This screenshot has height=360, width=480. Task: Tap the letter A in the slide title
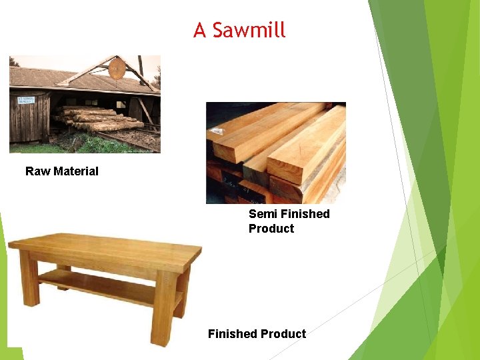point(200,30)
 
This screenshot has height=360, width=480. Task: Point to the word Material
point(75,171)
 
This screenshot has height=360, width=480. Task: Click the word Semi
point(263,214)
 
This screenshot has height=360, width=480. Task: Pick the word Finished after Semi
point(305,214)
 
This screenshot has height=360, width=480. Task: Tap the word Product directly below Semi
point(271,229)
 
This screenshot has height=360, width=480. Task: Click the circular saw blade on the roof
point(117,69)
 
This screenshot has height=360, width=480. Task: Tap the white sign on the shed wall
point(27,100)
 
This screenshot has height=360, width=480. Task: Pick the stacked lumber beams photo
point(275,153)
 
